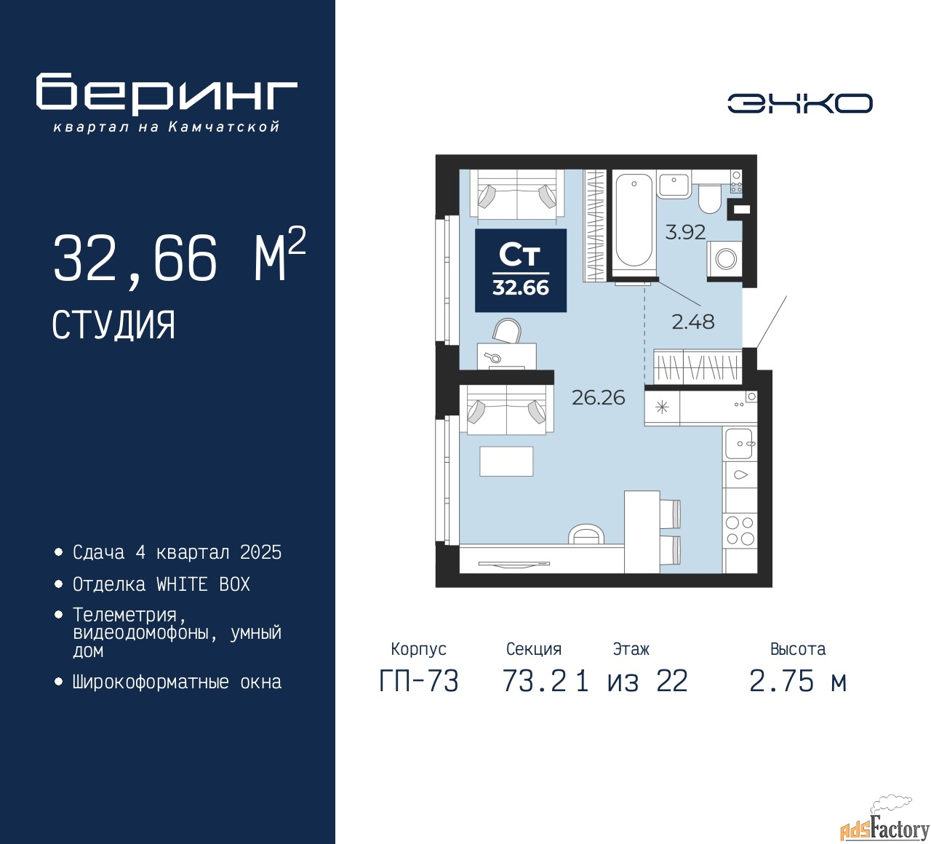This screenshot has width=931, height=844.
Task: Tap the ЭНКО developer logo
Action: (799, 103)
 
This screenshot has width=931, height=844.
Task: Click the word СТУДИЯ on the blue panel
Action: (113, 325)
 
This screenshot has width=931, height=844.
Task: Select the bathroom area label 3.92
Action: (685, 231)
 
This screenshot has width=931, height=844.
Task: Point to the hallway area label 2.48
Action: (693, 322)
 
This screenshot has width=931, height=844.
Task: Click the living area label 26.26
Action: (598, 398)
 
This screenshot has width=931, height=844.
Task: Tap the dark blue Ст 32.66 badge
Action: (521, 270)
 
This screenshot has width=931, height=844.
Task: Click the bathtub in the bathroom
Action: (634, 223)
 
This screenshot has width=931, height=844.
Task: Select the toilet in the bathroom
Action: (709, 199)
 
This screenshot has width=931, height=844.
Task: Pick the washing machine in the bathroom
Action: (724, 258)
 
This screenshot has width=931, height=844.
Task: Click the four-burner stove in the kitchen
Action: (740, 530)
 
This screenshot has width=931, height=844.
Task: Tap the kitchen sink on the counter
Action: (739, 443)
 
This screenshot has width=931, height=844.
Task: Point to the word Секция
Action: (534, 649)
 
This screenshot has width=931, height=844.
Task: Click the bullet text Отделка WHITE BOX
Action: (161, 584)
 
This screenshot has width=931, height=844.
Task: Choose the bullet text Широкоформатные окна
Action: (177, 682)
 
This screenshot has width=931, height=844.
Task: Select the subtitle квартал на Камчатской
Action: (166, 127)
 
